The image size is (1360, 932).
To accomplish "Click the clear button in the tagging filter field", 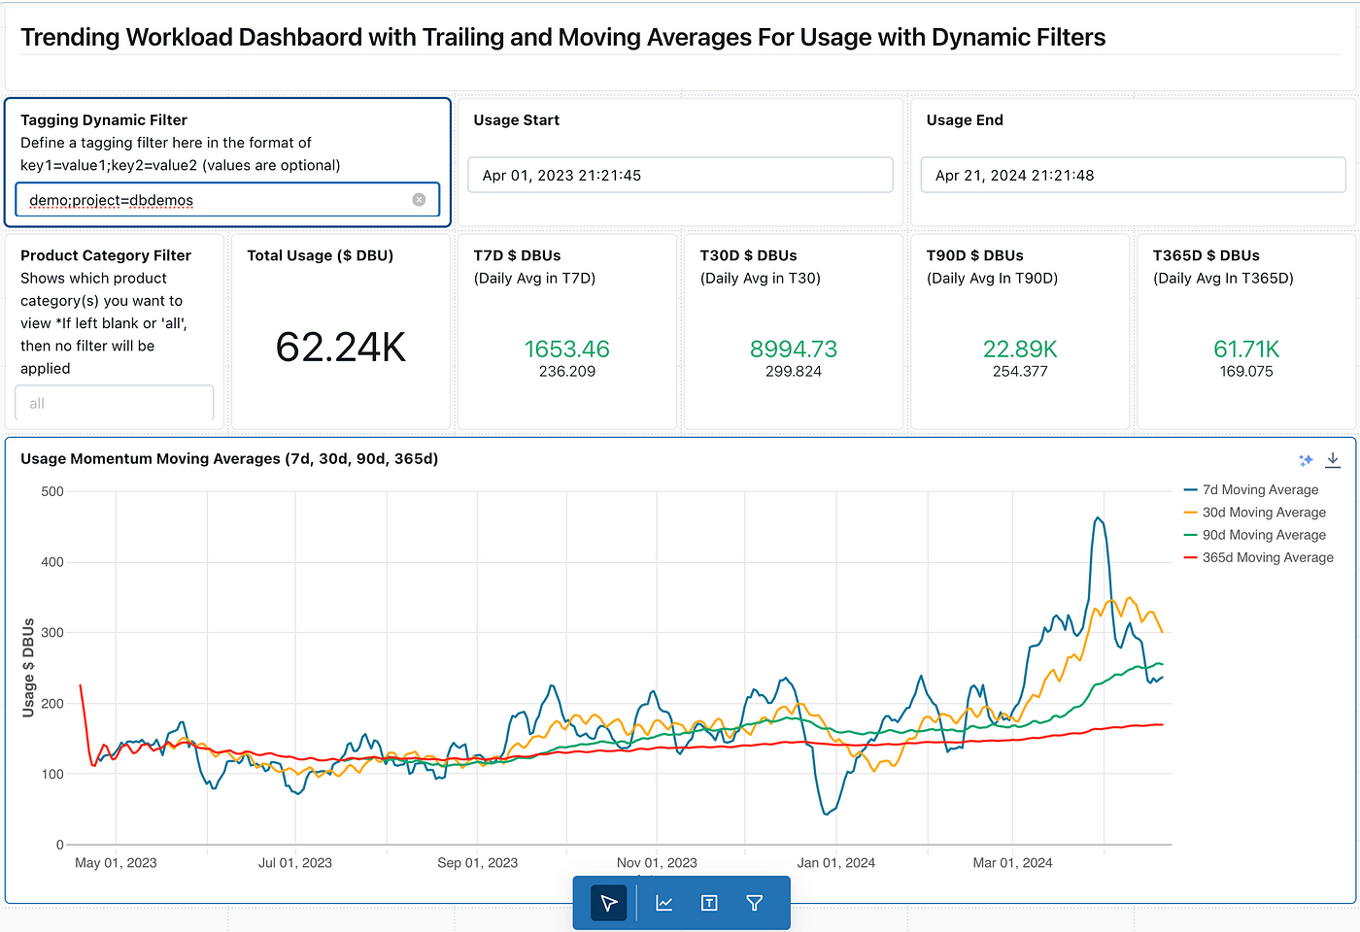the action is coord(419,200).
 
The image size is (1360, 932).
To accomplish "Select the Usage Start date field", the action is coord(680,176).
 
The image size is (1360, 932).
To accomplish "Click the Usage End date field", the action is coord(1133,176).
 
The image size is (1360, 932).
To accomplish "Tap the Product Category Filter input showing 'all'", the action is coord(115,403).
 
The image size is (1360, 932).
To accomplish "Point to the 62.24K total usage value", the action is coord(341,348).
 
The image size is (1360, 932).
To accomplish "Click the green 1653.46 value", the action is coord(567,349).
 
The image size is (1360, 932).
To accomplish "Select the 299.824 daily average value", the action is coord(794,371).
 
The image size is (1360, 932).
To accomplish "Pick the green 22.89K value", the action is coord(1020,349).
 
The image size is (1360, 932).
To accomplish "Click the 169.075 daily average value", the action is coord(1246,371).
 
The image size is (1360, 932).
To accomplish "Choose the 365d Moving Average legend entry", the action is coord(1259,557).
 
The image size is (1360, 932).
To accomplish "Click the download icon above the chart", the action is coord(1333,460).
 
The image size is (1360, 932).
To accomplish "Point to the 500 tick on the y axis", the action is coord(52,491).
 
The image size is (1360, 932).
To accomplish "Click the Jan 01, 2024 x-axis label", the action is coord(836,863).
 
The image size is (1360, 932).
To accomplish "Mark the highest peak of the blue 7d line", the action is coord(1098,517).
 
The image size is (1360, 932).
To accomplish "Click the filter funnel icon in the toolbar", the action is coord(754,903).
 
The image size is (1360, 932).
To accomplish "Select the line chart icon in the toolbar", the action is coord(664,903).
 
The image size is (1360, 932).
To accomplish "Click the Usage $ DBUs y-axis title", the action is coord(28,668).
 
